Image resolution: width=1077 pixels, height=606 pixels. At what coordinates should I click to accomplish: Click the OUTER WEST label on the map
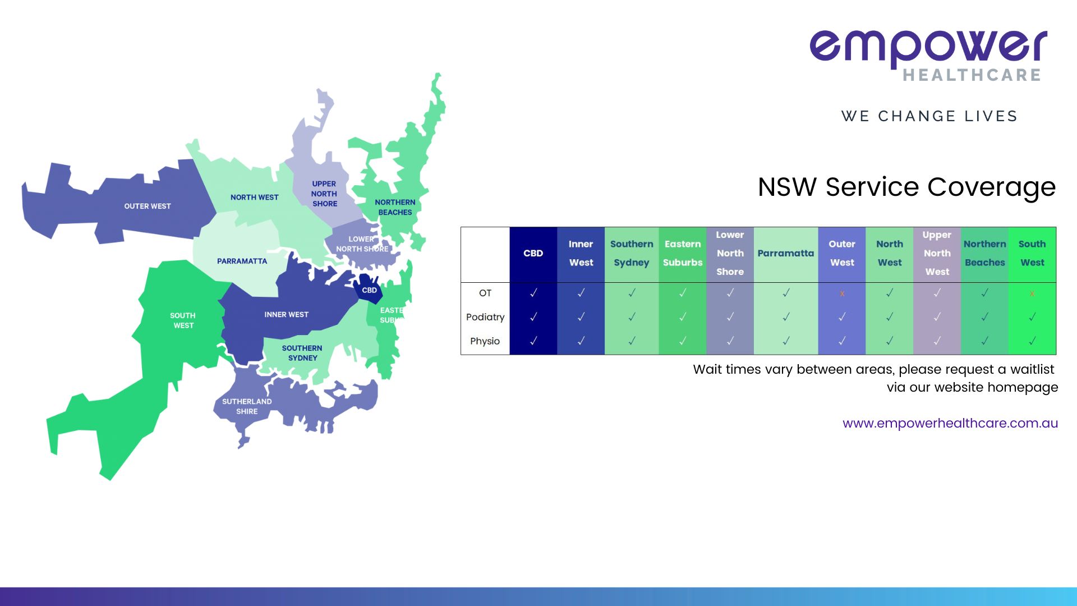pos(148,206)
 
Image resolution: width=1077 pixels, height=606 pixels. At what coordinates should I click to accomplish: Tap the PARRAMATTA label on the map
pos(242,261)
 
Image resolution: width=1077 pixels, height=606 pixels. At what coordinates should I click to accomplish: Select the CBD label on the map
pos(369,290)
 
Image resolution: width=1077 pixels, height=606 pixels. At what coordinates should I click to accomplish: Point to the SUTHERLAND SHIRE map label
pos(247,406)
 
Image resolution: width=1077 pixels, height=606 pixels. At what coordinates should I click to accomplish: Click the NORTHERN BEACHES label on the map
pos(395,207)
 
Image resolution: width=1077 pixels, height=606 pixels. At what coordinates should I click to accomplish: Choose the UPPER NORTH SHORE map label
pos(324,194)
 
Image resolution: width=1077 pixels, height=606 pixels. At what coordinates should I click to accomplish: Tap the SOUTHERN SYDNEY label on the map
pos(302,353)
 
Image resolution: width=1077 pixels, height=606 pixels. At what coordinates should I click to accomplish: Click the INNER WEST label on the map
pos(286,314)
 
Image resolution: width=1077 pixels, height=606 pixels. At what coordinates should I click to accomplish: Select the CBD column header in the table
pos(533,253)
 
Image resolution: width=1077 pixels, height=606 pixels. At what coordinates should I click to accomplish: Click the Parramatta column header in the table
pos(785,253)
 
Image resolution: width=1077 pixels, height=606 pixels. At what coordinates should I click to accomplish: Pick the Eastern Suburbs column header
pos(683,253)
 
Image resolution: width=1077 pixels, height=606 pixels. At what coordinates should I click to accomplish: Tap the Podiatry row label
pos(485,317)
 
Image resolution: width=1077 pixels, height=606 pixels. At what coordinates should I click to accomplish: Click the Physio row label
pos(485,341)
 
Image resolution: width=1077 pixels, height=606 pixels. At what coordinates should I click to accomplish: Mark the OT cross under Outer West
pos(842,293)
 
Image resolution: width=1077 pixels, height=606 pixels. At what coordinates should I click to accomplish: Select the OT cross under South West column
pos(1032,293)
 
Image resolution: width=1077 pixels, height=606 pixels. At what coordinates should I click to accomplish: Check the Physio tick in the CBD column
pos(533,341)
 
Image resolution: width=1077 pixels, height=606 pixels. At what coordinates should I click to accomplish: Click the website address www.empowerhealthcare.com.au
pos(950,423)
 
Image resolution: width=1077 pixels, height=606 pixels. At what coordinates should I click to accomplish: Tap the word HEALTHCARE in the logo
pos(972,75)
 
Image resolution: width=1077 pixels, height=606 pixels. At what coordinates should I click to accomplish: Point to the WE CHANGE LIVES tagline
pos(929,116)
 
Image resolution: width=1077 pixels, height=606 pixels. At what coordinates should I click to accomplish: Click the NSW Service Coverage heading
pos(906,187)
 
